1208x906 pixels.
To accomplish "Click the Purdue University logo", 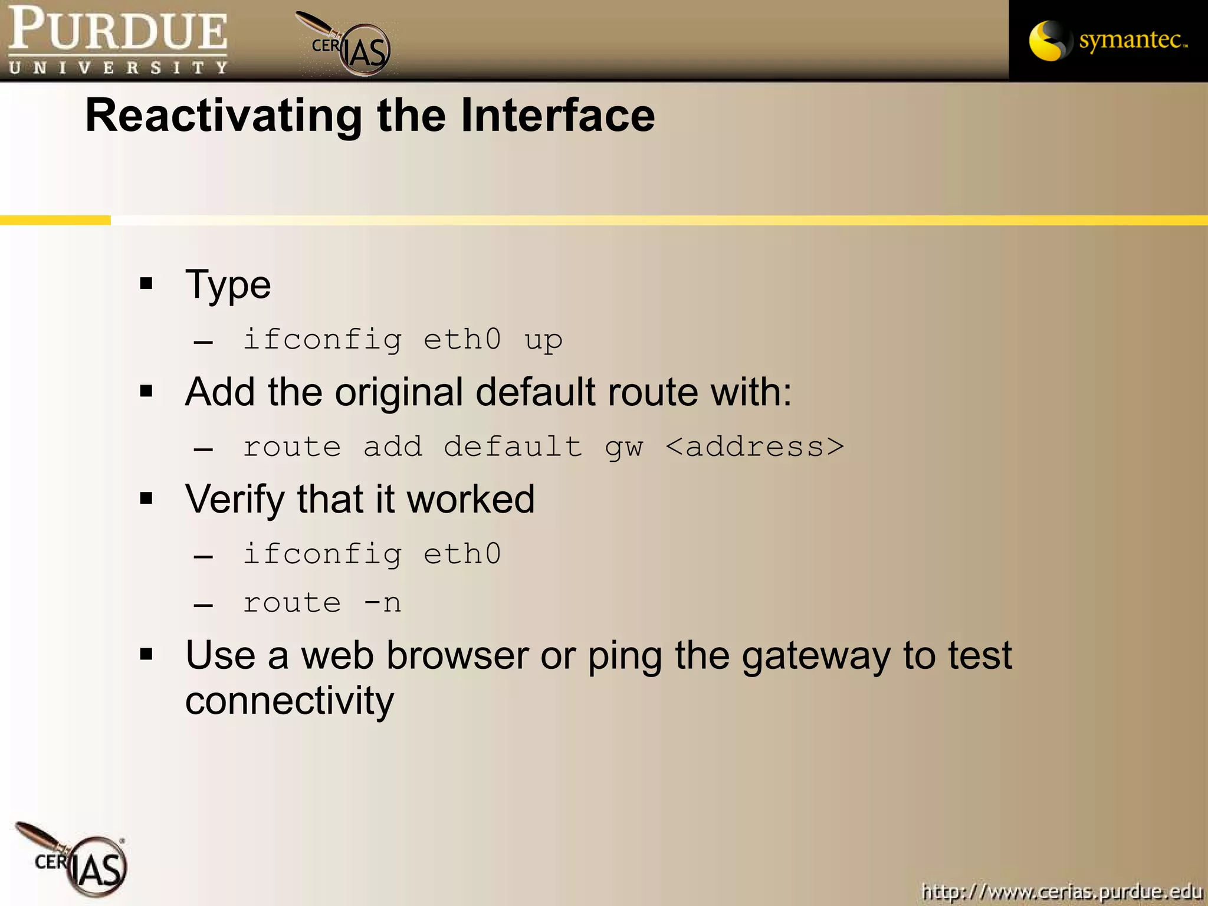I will pos(118,40).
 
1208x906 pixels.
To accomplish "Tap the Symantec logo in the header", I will pos(1108,40).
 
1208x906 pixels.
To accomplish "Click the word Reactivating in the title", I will pos(223,116).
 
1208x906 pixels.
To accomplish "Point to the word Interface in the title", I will pos(557,116).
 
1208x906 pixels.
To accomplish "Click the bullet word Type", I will pos(228,285).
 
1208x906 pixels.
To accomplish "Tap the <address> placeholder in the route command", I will pos(755,447).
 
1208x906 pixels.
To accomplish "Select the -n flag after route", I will pos(382,603).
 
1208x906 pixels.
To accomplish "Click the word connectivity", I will pos(289,702).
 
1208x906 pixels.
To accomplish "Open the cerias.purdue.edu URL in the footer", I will pos(1062,891).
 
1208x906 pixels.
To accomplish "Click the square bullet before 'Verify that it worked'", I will pos(146,499).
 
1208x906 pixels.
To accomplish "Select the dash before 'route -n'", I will pos(203,605).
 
